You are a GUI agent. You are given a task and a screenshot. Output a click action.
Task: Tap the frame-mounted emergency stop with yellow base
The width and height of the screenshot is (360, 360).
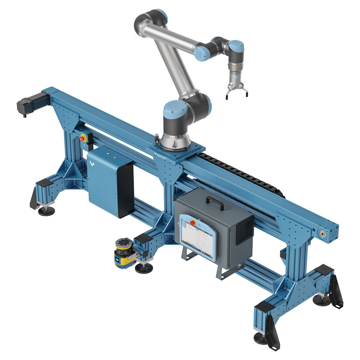[x=83, y=138]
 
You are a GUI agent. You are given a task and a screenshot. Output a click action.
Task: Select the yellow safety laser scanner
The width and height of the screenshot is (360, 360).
[x=122, y=253]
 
